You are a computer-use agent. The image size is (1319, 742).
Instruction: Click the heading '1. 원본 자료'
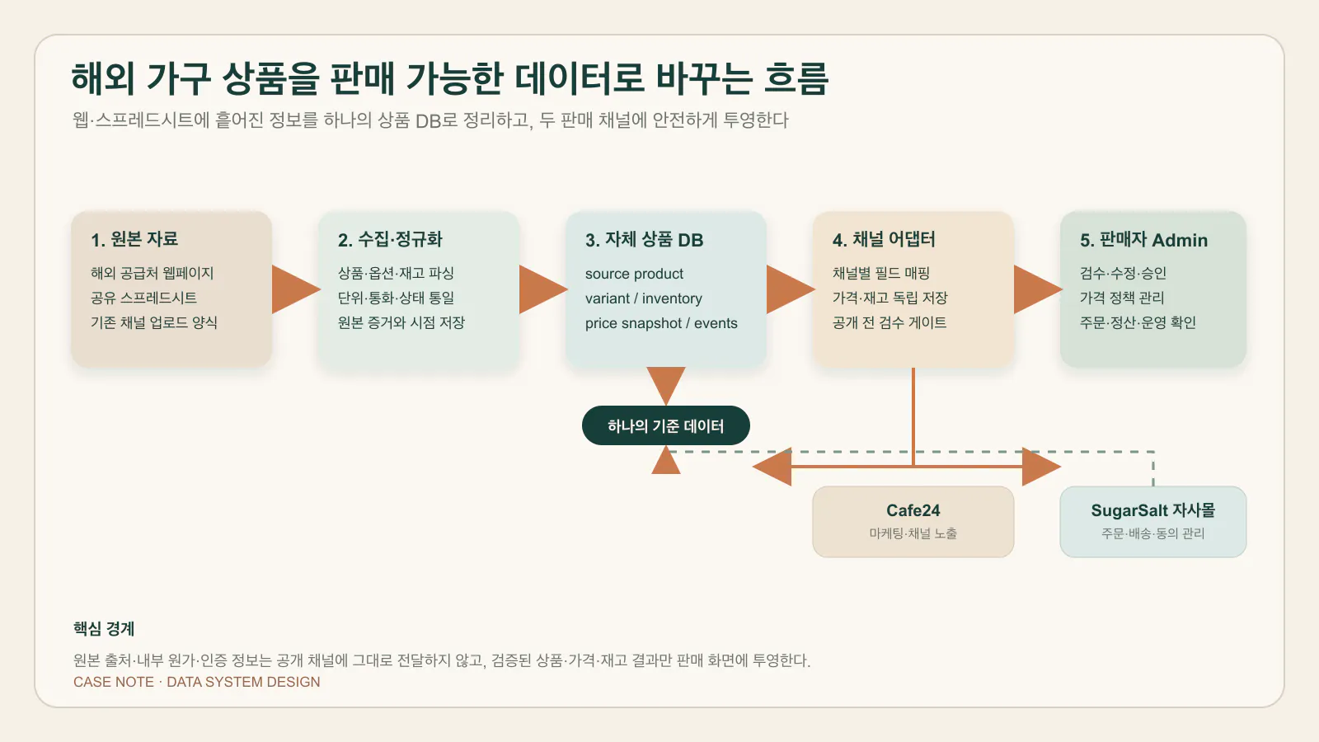[134, 239]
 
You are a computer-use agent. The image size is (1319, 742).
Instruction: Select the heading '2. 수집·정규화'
[390, 239]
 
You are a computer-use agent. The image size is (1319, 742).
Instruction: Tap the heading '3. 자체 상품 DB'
[644, 240]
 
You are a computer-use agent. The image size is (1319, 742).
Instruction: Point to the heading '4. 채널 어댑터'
[884, 239]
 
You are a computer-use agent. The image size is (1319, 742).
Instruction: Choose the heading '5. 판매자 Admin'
[1143, 240]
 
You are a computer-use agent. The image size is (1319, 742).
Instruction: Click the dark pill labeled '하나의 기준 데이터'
[666, 425]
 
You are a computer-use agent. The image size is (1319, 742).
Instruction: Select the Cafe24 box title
[913, 510]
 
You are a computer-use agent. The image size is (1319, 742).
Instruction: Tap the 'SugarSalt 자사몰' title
[1153, 510]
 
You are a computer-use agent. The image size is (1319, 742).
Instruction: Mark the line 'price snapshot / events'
[661, 323]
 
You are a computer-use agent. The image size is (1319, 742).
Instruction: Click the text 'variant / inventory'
[644, 298]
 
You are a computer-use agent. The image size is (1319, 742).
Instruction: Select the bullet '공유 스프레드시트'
[143, 298]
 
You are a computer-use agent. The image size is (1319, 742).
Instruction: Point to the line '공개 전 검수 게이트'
[890, 322]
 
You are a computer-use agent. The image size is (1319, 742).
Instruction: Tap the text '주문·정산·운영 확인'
[1138, 322]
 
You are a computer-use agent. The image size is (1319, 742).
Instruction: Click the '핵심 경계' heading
[104, 629]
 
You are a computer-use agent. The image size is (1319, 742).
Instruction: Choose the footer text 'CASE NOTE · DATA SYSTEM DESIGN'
[197, 682]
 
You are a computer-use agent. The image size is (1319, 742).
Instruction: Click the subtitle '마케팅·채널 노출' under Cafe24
[913, 533]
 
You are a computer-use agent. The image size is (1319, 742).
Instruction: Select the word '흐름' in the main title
[796, 78]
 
